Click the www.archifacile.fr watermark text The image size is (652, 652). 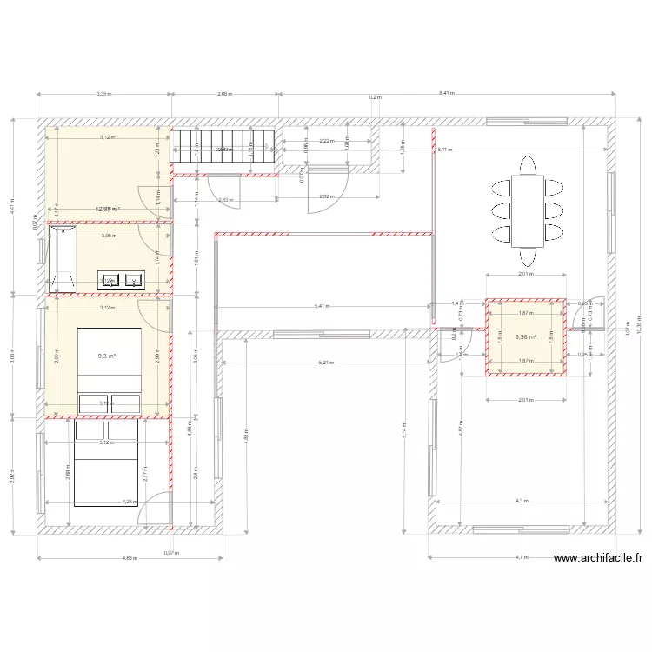click(597, 559)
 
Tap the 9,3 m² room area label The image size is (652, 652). click(106, 356)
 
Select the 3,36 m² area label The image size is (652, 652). click(525, 337)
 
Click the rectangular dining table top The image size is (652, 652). click(527, 210)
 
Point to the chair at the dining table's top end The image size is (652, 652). click(527, 164)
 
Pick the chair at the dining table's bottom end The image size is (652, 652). click(527, 256)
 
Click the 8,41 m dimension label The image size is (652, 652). click(445, 93)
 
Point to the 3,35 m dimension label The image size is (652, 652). click(103, 93)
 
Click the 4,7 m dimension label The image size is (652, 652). click(522, 557)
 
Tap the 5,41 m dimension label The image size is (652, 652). click(322, 306)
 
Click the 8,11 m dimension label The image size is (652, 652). click(445, 150)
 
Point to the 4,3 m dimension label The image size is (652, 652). click(521, 501)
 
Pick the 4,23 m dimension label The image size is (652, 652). click(130, 501)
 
